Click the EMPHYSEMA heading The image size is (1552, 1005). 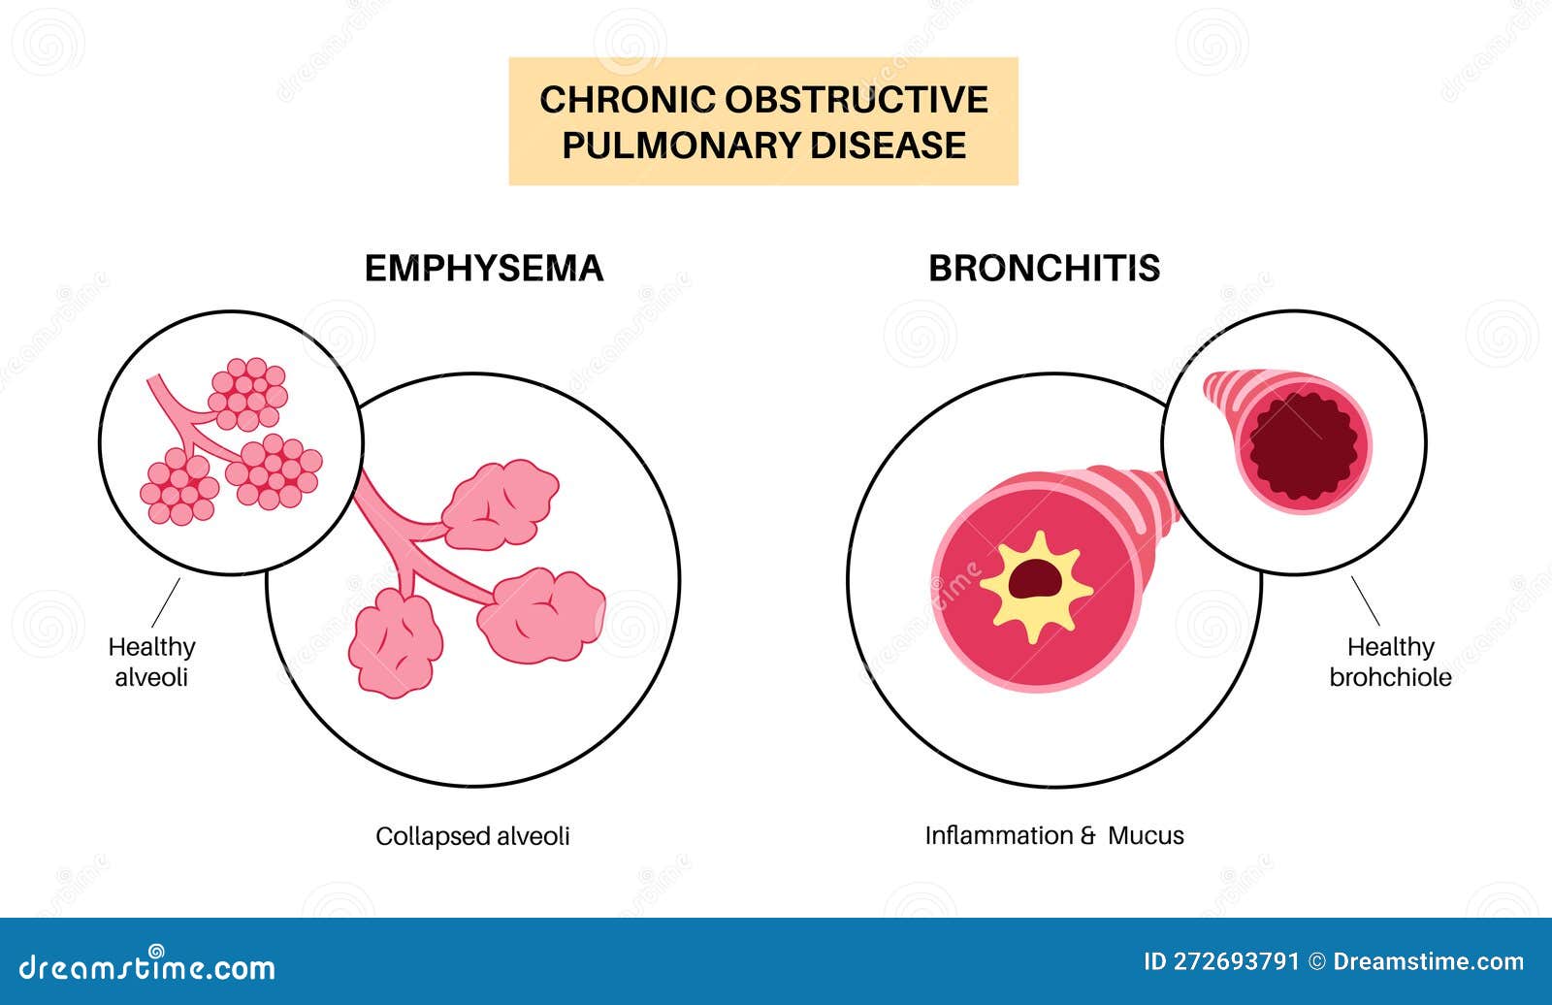pos(483,269)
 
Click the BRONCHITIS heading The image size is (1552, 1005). pos(1044,269)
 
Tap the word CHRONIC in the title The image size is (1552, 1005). pos(613,100)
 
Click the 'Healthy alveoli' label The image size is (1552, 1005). pos(151,662)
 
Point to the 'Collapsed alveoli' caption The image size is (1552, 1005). pos(472,836)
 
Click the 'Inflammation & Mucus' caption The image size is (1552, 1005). pos(1053,836)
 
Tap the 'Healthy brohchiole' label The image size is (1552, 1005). pos(1390,662)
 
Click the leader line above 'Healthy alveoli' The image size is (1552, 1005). pos(166,602)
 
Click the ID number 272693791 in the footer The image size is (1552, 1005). pos(1221,962)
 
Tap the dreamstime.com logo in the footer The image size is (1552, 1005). pos(147,966)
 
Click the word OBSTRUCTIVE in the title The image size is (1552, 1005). pos(856,100)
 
